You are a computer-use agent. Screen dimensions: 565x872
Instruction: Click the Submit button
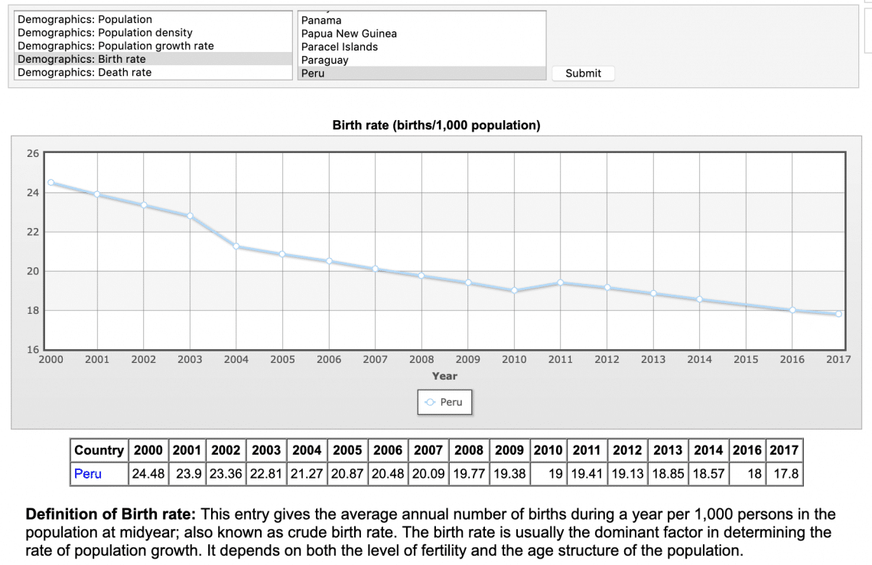(x=583, y=73)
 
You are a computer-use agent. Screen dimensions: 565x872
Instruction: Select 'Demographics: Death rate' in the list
(x=84, y=73)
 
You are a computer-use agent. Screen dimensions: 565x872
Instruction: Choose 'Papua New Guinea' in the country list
(x=349, y=34)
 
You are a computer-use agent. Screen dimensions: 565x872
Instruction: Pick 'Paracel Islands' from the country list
(x=339, y=47)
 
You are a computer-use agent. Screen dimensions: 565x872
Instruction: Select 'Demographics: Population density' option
(x=105, y=33)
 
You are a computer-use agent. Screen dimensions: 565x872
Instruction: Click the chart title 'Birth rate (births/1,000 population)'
(x=436, y=126)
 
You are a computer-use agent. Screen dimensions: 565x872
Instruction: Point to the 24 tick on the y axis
(x=33, y=192)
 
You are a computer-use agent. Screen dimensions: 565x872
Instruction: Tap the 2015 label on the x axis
(x=746, y=359)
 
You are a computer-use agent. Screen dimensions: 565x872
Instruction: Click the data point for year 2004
(x=236, y=246)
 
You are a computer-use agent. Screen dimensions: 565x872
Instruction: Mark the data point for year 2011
(x=561, y=282)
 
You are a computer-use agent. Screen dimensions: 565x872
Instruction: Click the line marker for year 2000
(x=51, y=182)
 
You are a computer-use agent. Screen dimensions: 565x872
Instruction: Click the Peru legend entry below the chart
(x=444, y=402)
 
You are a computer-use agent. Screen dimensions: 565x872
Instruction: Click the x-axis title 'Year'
(x=444, y=376)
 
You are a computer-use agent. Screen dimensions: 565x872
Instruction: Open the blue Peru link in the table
(x=87, y=474)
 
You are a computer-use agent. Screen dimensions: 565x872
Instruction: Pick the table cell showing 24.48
(x=148, y=474)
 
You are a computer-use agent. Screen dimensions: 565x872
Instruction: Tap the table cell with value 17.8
(x=786, y=474)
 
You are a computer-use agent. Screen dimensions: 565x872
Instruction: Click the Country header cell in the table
(x=99, y=450)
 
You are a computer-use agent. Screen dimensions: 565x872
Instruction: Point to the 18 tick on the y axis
(x=33, y=310)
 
